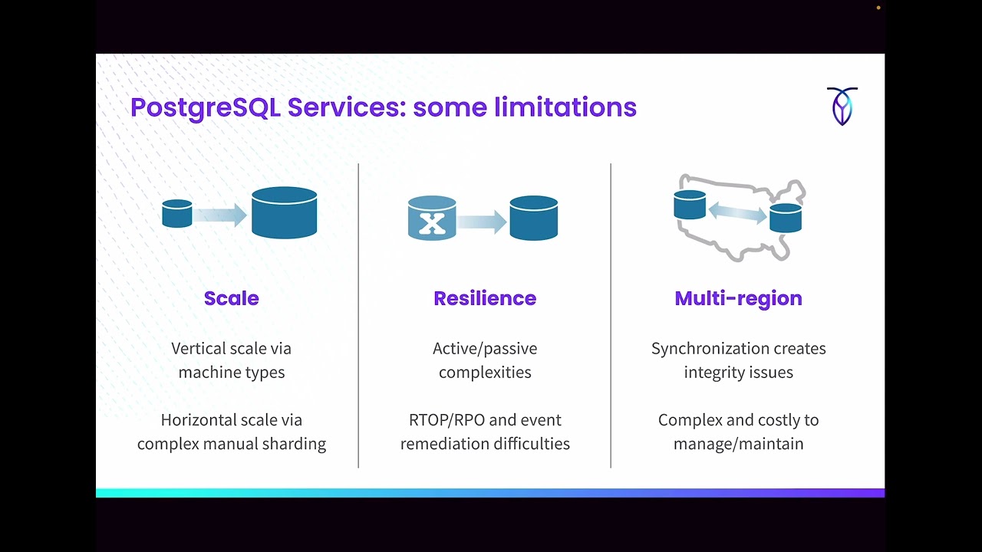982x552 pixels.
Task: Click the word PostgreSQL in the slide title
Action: point(205,107)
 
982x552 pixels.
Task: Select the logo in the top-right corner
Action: point(842,106)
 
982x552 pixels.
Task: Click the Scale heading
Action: point(231,298)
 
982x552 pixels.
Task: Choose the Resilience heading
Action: point(485,298)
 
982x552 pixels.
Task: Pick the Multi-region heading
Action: point(738,298)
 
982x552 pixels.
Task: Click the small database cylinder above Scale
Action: point(177,214)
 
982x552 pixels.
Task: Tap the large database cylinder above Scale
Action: point(284,213)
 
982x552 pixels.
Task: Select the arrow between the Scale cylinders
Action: point(219,215)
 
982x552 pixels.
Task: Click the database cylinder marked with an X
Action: point(432,219)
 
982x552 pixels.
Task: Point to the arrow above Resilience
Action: point(483,222)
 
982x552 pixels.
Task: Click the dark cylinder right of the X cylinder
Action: point(533,219)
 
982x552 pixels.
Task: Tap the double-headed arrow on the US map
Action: point(737,212)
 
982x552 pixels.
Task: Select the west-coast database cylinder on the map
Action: point(690,205)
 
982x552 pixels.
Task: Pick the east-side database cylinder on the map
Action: point(786,218)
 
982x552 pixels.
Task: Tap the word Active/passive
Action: point(485,349)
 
